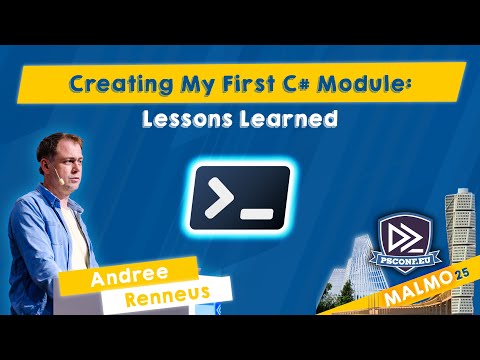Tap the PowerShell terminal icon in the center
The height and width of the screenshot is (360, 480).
pyautogui.click(x=240, y=196)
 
